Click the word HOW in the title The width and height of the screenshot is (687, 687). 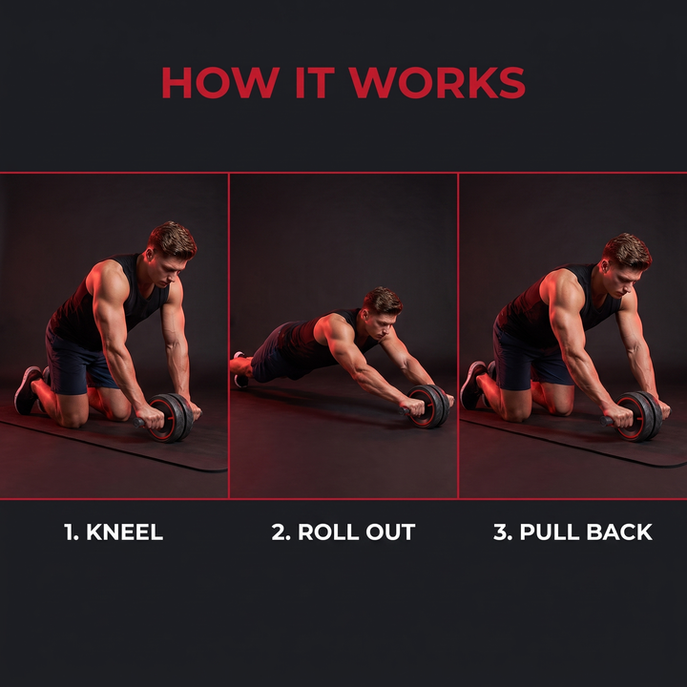pyautogui.click(x=220, y=82)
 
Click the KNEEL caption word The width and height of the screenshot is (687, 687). pyautogui.click(x=124, y=531)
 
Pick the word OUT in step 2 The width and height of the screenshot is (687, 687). pyautogui.click(x=390, y=531)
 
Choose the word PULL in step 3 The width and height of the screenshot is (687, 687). pyautogui.click(x=550, y=531)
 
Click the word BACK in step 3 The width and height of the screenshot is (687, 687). pyautogui.click(x=619, y=531)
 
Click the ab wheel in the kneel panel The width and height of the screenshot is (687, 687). pyautogui.click(x=168, y=418)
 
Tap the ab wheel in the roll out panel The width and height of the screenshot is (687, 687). pyautogui.click(x=427, y=406)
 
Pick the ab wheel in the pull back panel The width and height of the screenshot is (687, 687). pyautogui.click(x=637, y=416)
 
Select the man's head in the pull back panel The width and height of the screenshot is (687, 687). pyautogui.click(x=626, y=264)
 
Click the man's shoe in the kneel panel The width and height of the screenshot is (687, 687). pyautogui.click(x=27, y=390)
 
